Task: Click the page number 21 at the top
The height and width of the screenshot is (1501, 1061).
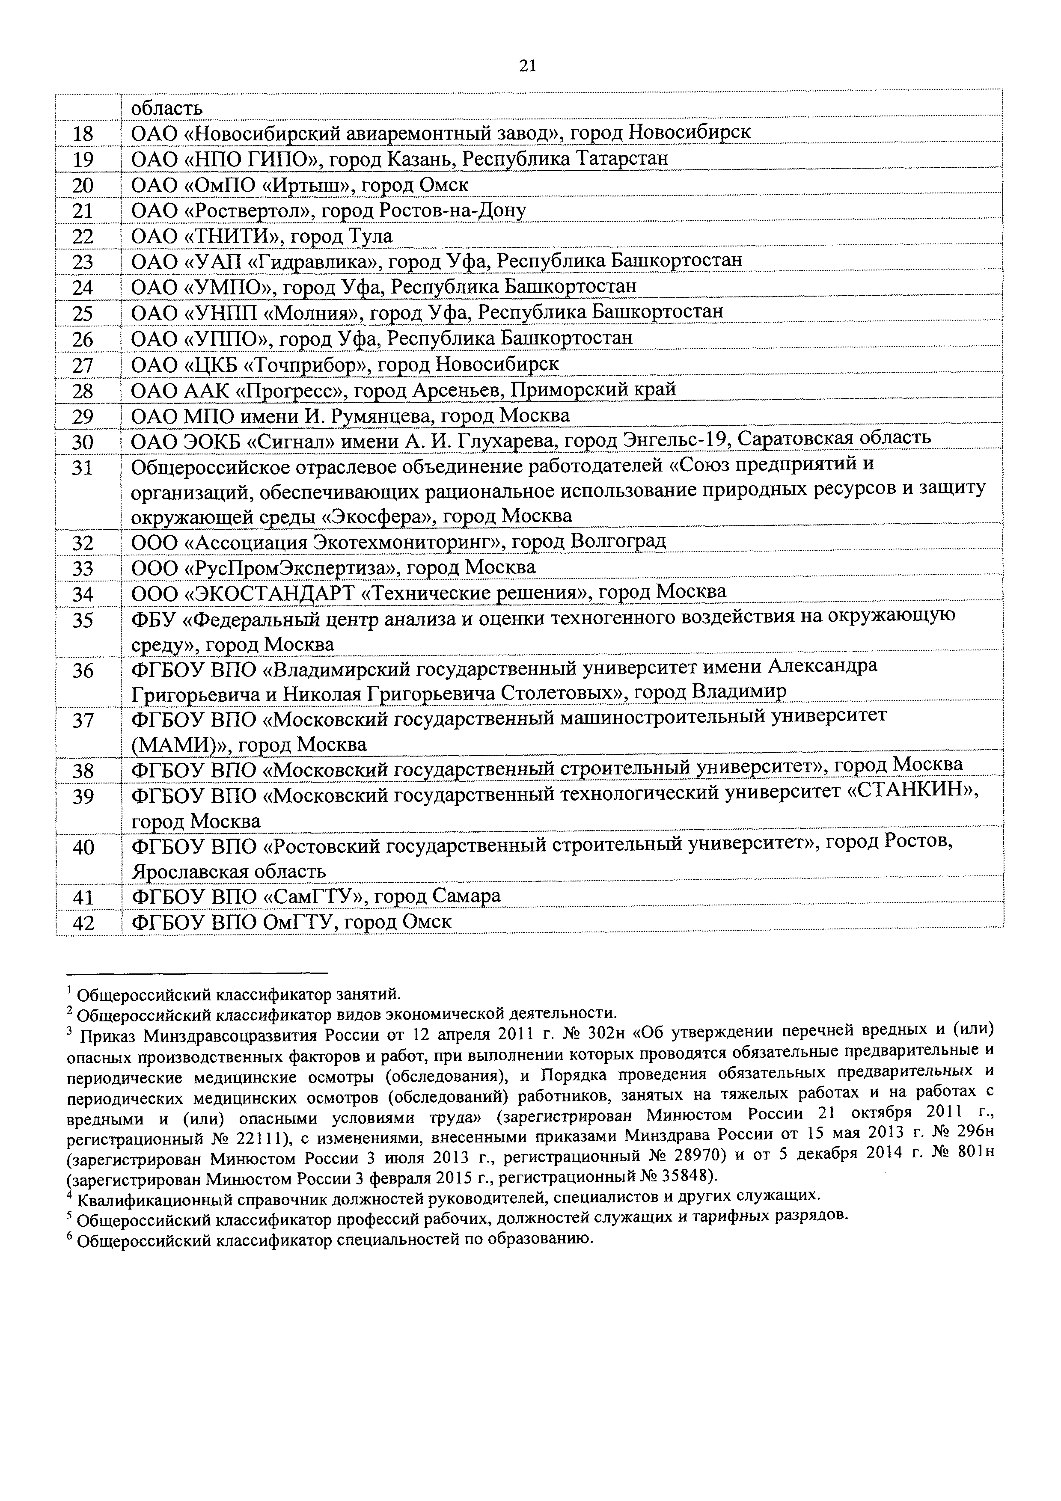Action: point(528,65)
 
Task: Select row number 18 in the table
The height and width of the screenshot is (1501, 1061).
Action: point(83,134)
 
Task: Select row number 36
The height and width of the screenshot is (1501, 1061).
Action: point(83,671)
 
